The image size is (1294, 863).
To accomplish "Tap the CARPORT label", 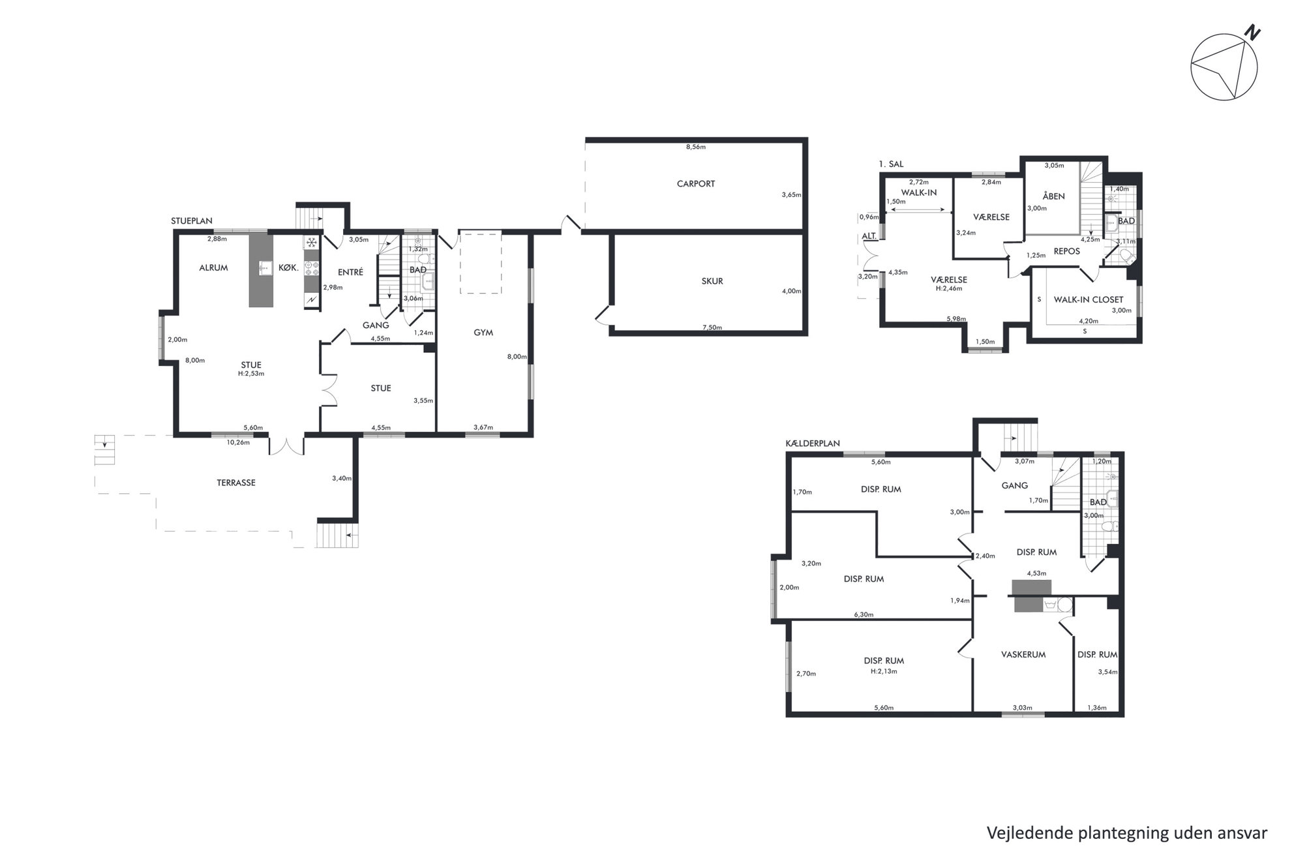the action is [695, 184].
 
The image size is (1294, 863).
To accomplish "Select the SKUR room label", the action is [712, 281].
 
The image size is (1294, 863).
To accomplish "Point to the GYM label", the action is [483, 333].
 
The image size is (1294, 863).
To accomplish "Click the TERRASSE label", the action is [236, 483].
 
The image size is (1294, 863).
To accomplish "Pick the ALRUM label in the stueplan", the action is [214, 267].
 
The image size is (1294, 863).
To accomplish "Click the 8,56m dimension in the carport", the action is [696, 147].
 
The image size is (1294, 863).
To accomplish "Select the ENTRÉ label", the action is [350, 272].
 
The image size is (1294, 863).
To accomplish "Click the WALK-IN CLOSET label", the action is [1089, 300].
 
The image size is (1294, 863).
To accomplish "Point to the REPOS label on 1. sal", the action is [1066, 251].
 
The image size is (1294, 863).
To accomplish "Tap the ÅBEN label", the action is [1053, 196].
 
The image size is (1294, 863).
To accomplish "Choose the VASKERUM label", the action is [1023, 654].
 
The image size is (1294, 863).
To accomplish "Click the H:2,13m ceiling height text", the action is [884, 671].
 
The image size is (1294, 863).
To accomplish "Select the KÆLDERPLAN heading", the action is [813, 444].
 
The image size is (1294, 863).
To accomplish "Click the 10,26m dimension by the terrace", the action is [238, 442].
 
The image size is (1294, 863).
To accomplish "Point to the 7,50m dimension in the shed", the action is [712, 327].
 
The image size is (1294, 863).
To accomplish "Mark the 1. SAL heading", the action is [892, 164].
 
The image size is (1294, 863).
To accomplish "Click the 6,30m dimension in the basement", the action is [864, 614].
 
